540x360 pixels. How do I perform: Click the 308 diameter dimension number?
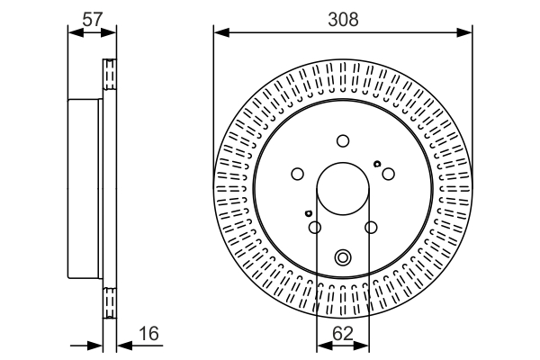[x=343, y=19]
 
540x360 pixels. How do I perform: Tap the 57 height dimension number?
[x=93, y=19]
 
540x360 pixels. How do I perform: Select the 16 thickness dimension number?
[x=148, y=334]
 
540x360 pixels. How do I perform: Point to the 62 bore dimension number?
[x=343, y=334]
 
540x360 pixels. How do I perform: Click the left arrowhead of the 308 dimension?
[x=221, y=32]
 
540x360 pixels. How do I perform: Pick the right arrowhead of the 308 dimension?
[x=464, y=32]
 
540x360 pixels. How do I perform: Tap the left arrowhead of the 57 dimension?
[x=76, y=32]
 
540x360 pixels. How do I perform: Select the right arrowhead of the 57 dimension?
[x=109, y=32]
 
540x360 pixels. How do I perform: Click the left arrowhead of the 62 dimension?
[x=324, y=346]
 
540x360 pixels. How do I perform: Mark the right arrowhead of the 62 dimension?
[x=361, y=346]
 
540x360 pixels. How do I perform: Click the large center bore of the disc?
[x=343, y=189]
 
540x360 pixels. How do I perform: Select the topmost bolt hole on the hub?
[x=343, y=141]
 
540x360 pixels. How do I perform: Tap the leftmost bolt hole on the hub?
[x=298, y=174]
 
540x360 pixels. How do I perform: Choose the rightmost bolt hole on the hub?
[x=389, y=174]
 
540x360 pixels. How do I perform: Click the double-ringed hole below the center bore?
[x=343, y=257]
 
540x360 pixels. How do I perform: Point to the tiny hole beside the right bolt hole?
[x=377, y=164]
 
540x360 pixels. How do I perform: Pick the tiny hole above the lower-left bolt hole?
[x=308, y=213]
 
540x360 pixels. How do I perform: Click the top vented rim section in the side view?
[x=110, y=75]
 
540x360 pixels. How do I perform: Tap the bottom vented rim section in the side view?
[x=110, y=303]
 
